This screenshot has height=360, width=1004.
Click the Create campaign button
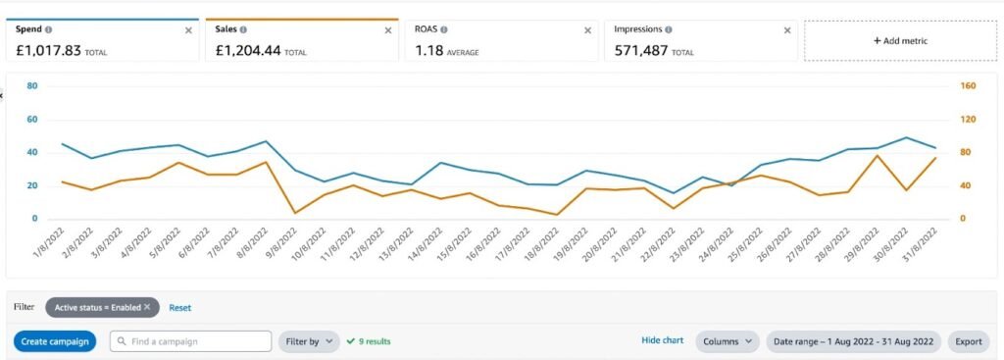(x=55, y=341)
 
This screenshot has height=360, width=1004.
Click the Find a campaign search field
(x=190, y=341)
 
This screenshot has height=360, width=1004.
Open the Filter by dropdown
(x=309, y=341)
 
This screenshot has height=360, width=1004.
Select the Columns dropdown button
(x=728, y=341)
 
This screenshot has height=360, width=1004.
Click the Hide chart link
(x=662, y=340)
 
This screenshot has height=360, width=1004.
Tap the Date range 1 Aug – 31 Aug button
(x=853, y=341)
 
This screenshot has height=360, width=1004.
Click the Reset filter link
(x=179, y=307)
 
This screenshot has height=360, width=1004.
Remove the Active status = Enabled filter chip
(x=147, y=307)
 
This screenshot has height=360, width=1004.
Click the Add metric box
(x=900, y=41)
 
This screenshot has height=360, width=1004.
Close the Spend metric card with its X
(x=189, y=30)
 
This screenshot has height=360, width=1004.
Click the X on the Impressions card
(x=786, y=30)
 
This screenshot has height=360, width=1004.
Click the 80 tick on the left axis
(x=32, y=85)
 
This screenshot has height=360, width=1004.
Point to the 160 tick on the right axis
(x=967, y=85)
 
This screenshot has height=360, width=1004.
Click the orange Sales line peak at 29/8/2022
(x=877, y=156)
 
